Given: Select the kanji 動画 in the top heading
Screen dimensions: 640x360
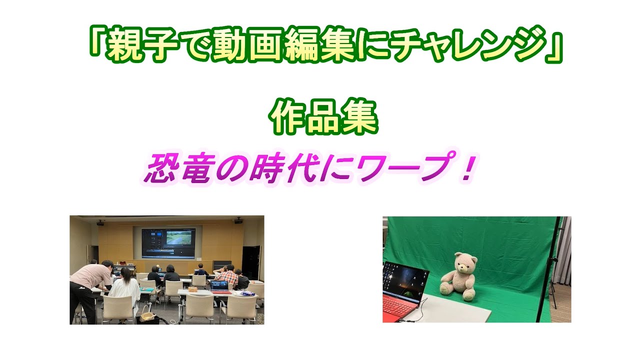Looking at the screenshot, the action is (247, 44).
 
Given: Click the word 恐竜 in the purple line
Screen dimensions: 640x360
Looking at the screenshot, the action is (177, 168).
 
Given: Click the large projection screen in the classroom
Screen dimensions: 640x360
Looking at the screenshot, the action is (168, 243).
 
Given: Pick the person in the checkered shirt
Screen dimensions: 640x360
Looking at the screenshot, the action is (227, 275).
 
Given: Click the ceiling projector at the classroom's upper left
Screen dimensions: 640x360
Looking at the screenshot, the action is (100, 223).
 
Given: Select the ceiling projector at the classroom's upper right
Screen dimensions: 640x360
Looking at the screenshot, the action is (238, 221).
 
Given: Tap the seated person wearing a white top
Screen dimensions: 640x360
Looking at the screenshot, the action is (125, 288).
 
